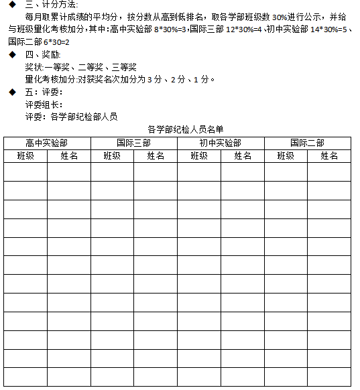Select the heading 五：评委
43,92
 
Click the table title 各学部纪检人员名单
185,129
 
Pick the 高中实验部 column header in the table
47,143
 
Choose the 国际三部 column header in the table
133,143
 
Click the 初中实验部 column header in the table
221,143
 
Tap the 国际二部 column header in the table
308,143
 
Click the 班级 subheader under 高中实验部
25,155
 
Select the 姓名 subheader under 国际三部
156,155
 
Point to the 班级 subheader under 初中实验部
199,155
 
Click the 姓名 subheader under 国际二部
329,155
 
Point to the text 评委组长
44,105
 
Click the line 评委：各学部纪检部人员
71,117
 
